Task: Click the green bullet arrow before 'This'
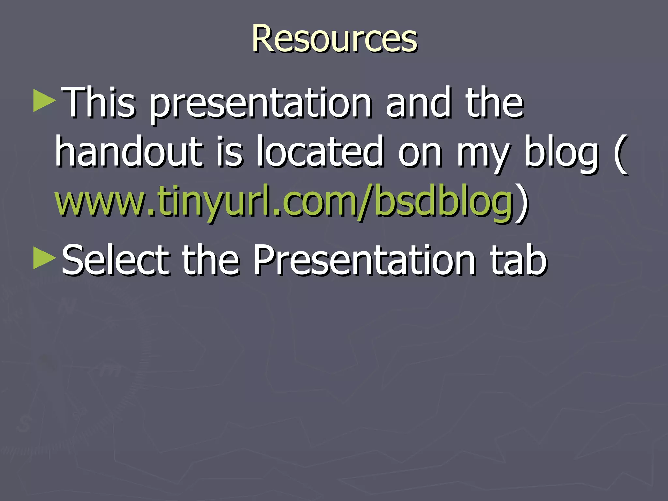pyautogui.click(x=44, y=101)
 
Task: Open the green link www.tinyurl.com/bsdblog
pyautogui.click(x=284, y=201)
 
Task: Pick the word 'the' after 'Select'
pyautogui.click(x=210, y=260)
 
